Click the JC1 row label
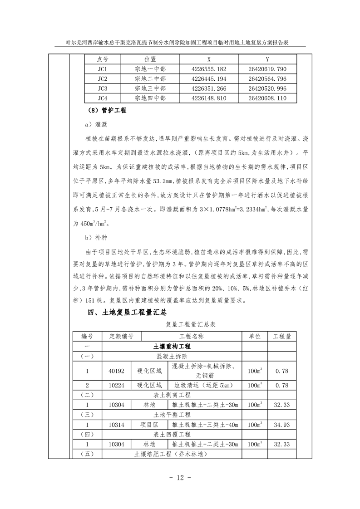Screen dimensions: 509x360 (102, 69)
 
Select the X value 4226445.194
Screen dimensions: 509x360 (209, 79)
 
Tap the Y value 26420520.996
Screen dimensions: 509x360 (267, 88)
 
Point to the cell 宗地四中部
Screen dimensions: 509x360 (150, 98)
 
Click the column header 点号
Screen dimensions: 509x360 (103, 59)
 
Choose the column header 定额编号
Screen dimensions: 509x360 (121, 336)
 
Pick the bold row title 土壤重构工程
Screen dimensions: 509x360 (172, 346)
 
